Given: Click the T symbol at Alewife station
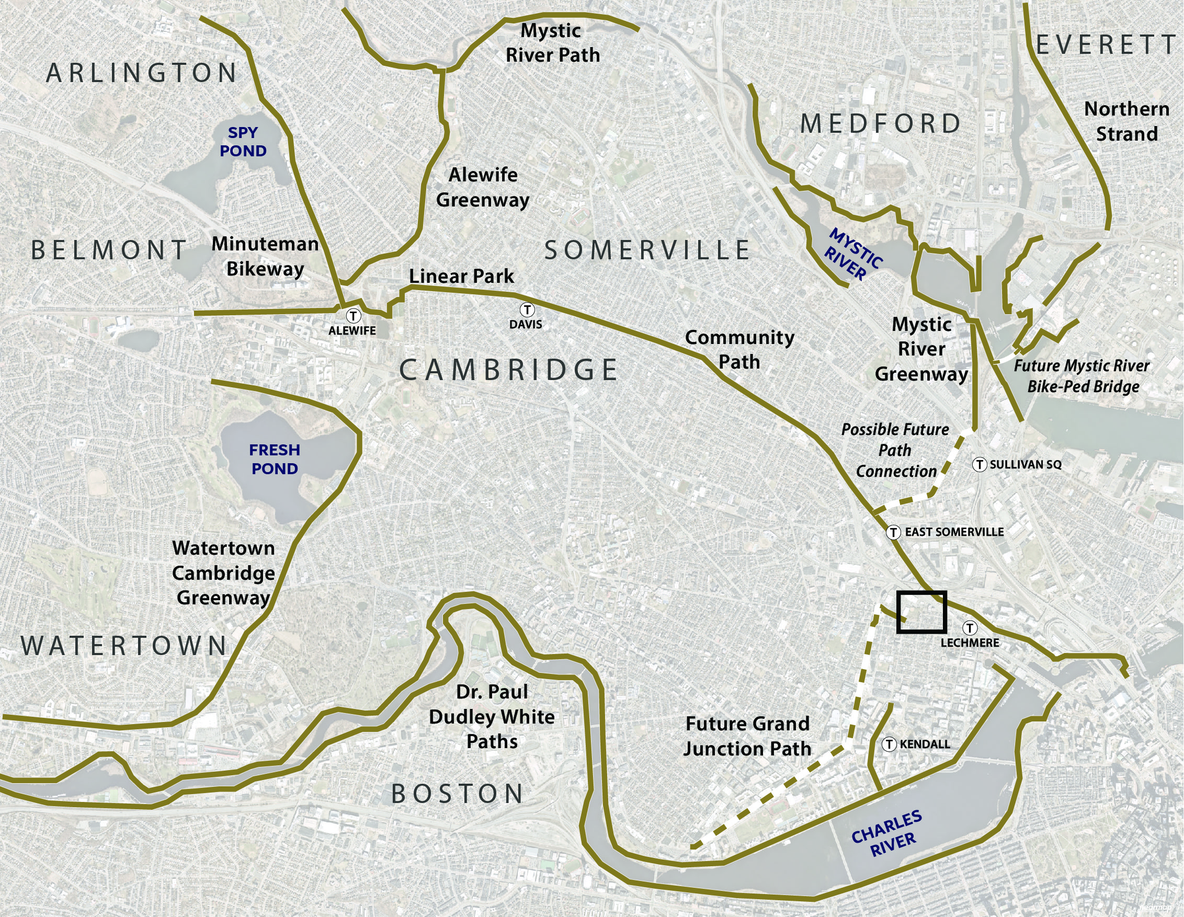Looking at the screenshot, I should [x=354, y=315].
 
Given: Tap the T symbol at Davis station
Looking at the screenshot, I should [x=527, y=310].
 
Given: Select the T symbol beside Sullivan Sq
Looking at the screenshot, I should [x=979, y=464].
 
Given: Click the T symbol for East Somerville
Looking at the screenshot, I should [x=893, y=532].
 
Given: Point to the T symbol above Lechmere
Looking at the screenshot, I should [x=970, y=628].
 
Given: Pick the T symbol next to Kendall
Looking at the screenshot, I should [x=889, y=744].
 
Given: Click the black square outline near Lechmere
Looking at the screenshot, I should [x=921, y=612].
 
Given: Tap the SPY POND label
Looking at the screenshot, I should [x=243, y=142].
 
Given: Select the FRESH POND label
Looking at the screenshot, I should [x=275, y=459].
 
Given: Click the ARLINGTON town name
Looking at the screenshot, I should [x=142, y=73].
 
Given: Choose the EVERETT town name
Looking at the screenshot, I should [x=1106, y=45].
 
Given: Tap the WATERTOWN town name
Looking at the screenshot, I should [x=124, y=646].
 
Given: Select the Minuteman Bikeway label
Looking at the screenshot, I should [x=265, y=256].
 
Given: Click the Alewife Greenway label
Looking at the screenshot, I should [x=483, y=187].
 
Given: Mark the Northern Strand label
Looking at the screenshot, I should [x=1126, y=121].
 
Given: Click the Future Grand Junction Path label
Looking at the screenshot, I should [x=747, y=736].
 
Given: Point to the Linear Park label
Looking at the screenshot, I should [x=461, y=276].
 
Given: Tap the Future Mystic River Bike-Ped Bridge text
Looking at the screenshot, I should [x=1082, y=376].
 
